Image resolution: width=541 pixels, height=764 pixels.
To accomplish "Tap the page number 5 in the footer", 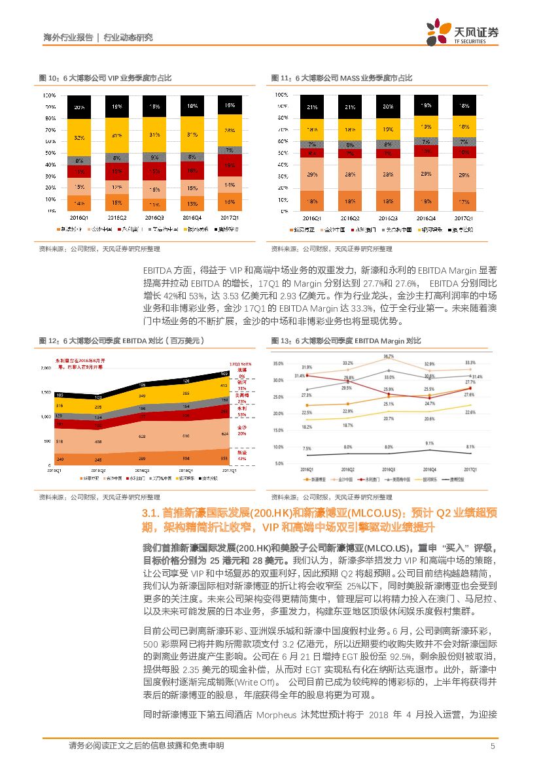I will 492,746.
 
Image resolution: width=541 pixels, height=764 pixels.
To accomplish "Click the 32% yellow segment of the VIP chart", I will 79,138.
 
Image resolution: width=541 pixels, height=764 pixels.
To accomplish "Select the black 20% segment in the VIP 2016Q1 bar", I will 79,107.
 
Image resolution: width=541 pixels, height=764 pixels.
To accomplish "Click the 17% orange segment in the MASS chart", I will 463,201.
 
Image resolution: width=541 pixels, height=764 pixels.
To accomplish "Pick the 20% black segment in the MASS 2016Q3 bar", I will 388,106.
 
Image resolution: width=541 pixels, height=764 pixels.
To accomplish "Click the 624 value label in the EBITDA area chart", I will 224,434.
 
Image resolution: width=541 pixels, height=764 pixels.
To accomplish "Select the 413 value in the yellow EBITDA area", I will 224,386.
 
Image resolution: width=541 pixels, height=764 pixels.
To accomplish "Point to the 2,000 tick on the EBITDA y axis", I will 46,369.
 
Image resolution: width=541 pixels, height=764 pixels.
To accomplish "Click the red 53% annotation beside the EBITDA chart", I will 241,414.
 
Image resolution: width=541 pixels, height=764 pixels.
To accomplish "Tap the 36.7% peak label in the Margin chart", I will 389,356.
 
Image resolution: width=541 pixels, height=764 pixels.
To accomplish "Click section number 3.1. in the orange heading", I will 153,514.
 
